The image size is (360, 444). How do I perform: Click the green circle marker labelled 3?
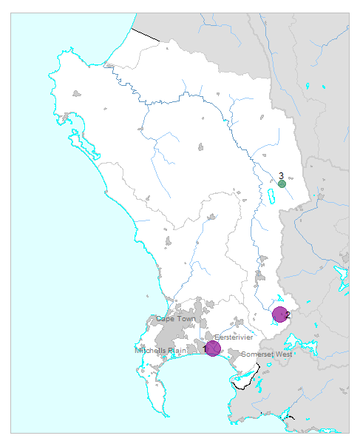pos(282,184)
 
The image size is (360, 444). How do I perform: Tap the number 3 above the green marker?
pos(282,176)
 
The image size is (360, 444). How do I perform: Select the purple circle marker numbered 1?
pos(213,348)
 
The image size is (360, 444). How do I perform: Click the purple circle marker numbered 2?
pos(279,314)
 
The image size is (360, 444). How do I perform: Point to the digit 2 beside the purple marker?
pos(288,315)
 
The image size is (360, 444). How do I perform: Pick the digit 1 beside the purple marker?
pos(206,349)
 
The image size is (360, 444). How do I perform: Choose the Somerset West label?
pos(267,354)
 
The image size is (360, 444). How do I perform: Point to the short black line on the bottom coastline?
pos(289,418)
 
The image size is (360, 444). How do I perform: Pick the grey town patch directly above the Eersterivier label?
pos(238,323)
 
